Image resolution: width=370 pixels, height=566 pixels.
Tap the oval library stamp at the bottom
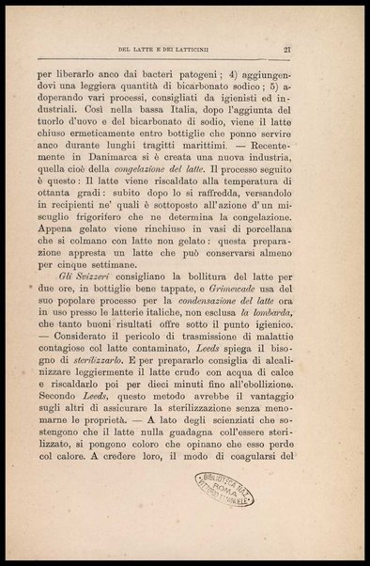point(229,492)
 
